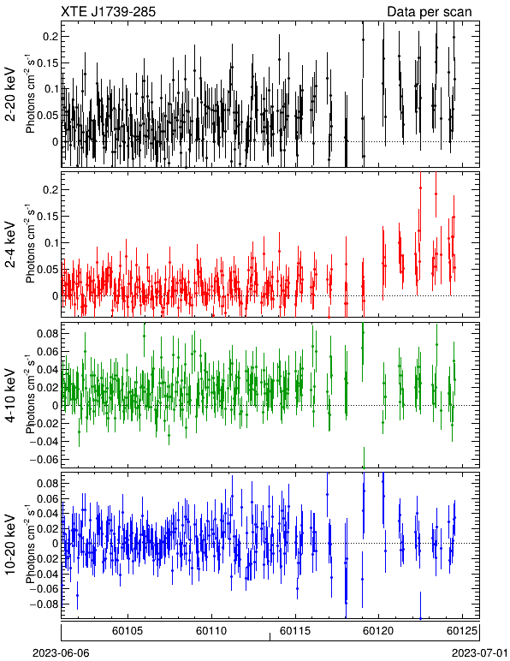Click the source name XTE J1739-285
(108, 11)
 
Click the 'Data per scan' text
(430, 11)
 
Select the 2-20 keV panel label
(10, 94)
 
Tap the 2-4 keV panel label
(10, 246)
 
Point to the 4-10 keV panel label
(10, 396)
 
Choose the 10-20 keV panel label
(10, 545)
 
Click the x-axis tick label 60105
(127, 631)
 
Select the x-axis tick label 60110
(211, 631)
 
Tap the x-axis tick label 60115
(295, 631)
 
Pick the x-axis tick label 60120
(378, 631)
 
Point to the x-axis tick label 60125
(462, 631)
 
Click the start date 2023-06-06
(61, 653)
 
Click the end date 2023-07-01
(480, 653)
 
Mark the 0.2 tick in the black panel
(50, 37)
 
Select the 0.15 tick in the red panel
(48, 217)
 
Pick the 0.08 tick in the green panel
(48, 333)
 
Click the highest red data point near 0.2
(420, 188)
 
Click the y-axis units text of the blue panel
(30, 544)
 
